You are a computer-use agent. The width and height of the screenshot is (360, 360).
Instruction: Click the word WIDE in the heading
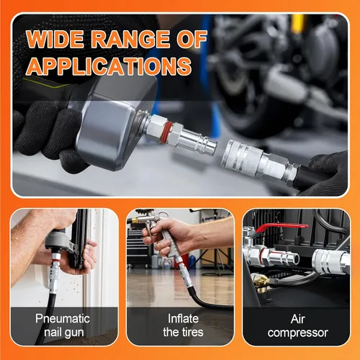coord(55,39)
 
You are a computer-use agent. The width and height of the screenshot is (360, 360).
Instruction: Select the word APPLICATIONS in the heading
coord(109,66)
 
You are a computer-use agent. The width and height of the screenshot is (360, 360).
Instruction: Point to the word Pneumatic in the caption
coord(63,319)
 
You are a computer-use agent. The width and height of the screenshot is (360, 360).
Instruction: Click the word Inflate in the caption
coord(183,319)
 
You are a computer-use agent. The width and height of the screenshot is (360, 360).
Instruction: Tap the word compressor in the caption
coord(298,333)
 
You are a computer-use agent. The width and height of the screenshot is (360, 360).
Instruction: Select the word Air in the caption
coord(297,319)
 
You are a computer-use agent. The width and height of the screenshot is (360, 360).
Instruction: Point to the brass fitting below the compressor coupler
coord(261,282)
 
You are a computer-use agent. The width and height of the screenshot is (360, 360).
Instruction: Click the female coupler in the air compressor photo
coord(330,261)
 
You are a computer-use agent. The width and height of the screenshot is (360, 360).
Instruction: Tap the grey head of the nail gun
coord(58,239)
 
